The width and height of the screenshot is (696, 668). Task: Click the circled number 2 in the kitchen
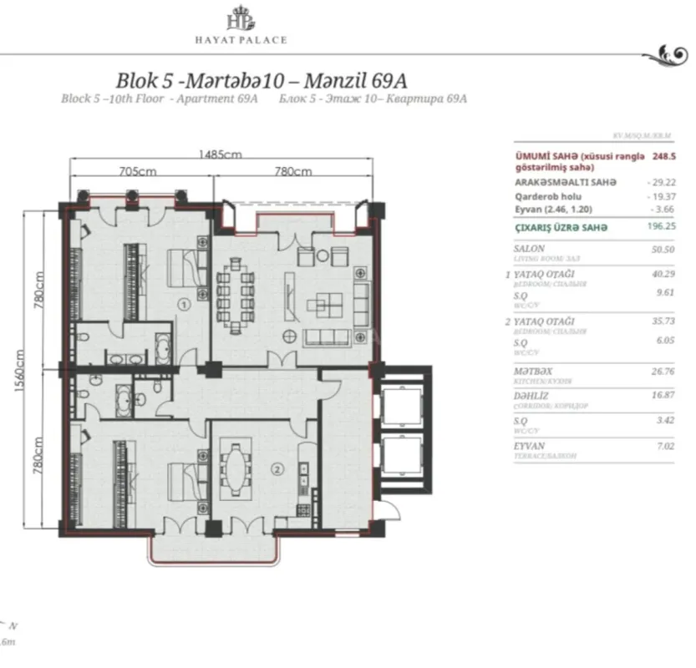tap(277, 468)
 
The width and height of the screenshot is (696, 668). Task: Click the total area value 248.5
tap(667, 155)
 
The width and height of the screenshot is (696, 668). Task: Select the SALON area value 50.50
tap(664, 249)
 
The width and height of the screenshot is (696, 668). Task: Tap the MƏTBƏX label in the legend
tap(534, 371)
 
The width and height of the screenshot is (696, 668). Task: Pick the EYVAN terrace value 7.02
tap(665, 447)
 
